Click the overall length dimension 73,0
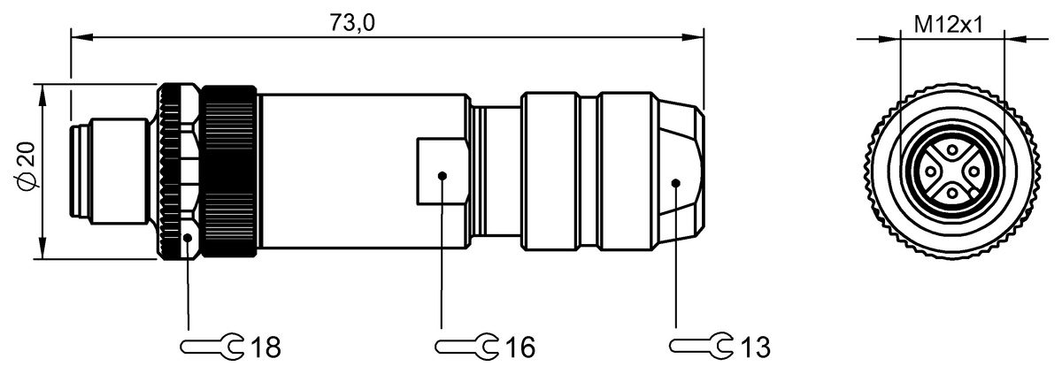[352, 24]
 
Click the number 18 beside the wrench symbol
[265, 347]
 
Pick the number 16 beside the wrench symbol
[519, 347]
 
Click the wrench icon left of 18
[212, 347]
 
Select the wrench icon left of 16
[466, 346]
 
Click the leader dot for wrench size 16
[442, 176]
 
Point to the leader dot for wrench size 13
[675, 183]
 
